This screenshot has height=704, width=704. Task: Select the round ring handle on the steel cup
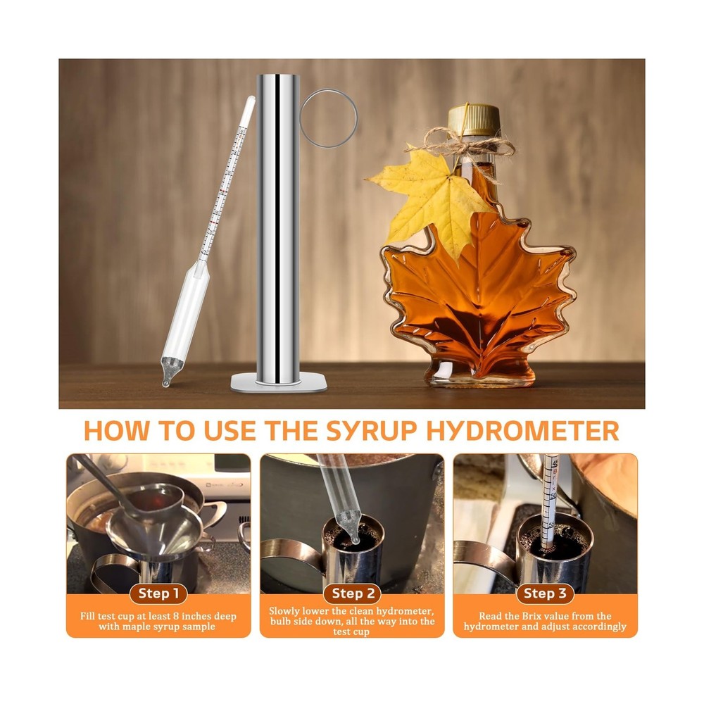[x=328, y=118]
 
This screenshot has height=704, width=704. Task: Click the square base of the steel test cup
[x=280, y=382]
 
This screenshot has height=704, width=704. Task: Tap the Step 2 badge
[x=352, y=593]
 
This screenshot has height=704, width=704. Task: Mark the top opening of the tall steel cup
[x=277, y=76]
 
